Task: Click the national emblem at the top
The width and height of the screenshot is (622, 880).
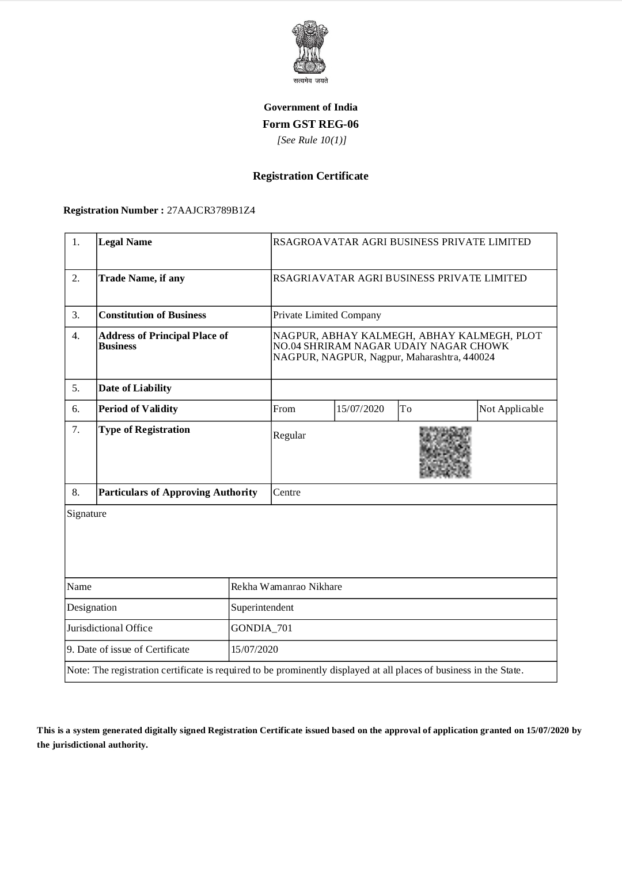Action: tap(310, 48)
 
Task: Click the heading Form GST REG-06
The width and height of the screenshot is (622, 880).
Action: tap(310, 124)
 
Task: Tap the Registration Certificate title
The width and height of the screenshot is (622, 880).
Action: tap(310, 176)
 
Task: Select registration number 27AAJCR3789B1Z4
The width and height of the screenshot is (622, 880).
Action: tap(211, 210)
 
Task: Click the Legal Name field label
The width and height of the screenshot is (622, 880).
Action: tap(126, 242)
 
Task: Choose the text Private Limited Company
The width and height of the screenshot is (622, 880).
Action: tap(327, 315)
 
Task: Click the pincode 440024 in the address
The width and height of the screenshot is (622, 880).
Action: tap(479, 357)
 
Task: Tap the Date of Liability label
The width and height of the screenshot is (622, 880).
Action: tap(135, 388)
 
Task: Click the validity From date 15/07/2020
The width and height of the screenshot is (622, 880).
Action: tap(360, 409)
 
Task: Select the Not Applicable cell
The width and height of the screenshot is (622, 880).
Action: tap(511, 409)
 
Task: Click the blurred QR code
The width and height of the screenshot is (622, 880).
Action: tap(445, 452)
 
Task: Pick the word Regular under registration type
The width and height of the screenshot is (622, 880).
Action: tap(289, 436)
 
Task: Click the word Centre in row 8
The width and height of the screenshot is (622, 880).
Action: tap(287, 493)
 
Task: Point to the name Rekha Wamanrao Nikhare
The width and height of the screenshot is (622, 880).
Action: tap(286, 587)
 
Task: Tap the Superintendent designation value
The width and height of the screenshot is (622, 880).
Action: tap(262, 608)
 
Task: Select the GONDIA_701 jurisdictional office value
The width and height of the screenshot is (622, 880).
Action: tap(261, 628)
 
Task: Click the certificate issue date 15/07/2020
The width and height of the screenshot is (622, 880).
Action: tap(255, 650)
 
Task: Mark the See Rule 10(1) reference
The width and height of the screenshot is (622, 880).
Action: tap(312, 140)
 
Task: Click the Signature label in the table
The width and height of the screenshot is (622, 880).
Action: tap(86, 514)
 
